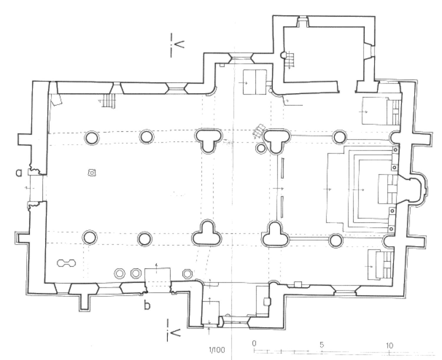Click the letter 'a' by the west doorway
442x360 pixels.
tap(19, 173)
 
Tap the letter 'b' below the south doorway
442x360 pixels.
tap(147, 305)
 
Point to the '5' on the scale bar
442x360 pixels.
tap(321, 345)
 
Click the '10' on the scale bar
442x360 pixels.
tap(390, 346)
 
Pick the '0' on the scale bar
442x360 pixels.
tap(254, 344)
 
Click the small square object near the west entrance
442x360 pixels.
tap(92, 173)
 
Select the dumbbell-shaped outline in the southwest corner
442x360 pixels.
tap(66, 263)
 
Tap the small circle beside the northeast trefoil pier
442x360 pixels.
tap(261, 148)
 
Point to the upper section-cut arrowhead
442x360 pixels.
tap(179, 44)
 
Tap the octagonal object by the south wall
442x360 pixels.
tap(187, 274)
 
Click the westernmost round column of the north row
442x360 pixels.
tap(92, 138)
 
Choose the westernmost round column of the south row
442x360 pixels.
tap(90, 237)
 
